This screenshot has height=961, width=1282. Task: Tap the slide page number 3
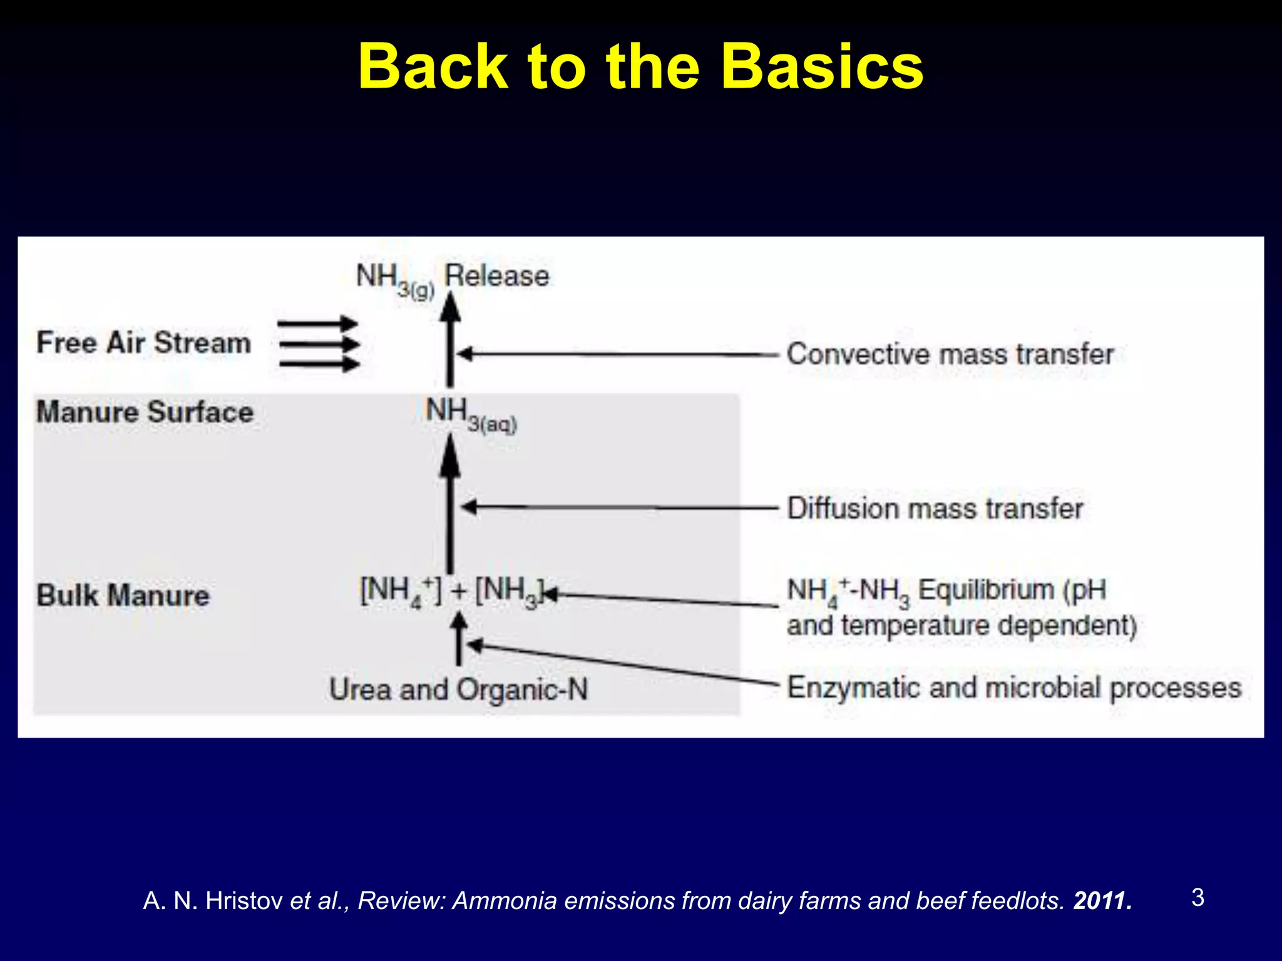(1197, 898)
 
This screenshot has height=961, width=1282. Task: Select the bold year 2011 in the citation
(1102, 901)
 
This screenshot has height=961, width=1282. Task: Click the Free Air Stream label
(143, 343)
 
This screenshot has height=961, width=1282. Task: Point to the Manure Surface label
(145, 412)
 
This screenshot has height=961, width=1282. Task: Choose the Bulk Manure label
(123, 595)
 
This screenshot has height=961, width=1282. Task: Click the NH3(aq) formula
(471, 415)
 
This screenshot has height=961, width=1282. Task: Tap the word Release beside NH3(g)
(497, 276)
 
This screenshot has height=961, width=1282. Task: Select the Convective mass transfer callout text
(950, 354)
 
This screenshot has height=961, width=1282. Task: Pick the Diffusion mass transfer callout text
(935, 508)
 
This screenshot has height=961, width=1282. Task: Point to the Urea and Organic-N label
(458, 689)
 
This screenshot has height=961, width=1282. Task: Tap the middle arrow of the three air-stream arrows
(319, 343)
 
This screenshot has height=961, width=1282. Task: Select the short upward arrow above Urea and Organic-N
(459, 638)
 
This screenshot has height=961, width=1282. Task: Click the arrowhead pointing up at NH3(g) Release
(449, 306)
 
